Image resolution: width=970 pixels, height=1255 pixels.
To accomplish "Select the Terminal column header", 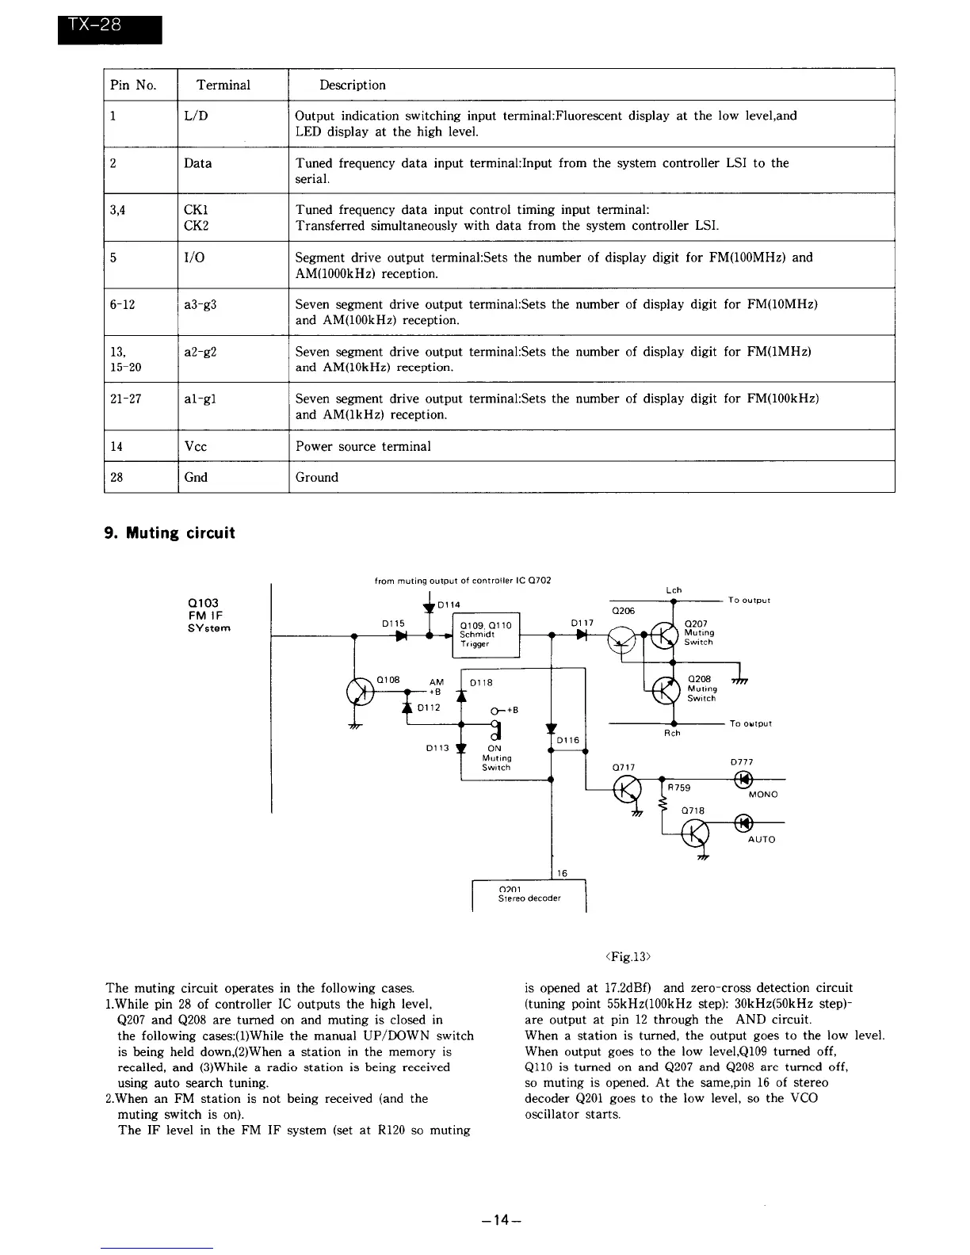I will click(x=223, y=85).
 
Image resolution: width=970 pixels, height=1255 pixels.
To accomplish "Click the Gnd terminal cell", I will click(x=195, y=477).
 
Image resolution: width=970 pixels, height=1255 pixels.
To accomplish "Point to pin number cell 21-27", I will click(x=126, y=399).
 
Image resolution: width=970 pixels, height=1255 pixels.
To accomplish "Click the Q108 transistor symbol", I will click(x=361, y=692).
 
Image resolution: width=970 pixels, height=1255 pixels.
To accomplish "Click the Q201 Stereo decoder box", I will click(x=529, y=895).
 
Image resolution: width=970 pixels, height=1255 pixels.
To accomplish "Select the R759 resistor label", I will click(x=678, y=788).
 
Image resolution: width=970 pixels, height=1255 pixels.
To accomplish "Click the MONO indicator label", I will click(x=762, y=794).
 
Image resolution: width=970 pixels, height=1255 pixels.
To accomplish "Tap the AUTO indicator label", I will click(x=762, y=839).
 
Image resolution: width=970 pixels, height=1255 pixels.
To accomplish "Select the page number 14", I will click(x=499, y=1221).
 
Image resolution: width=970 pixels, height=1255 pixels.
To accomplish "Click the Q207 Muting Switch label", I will click(x=701, y=632).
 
